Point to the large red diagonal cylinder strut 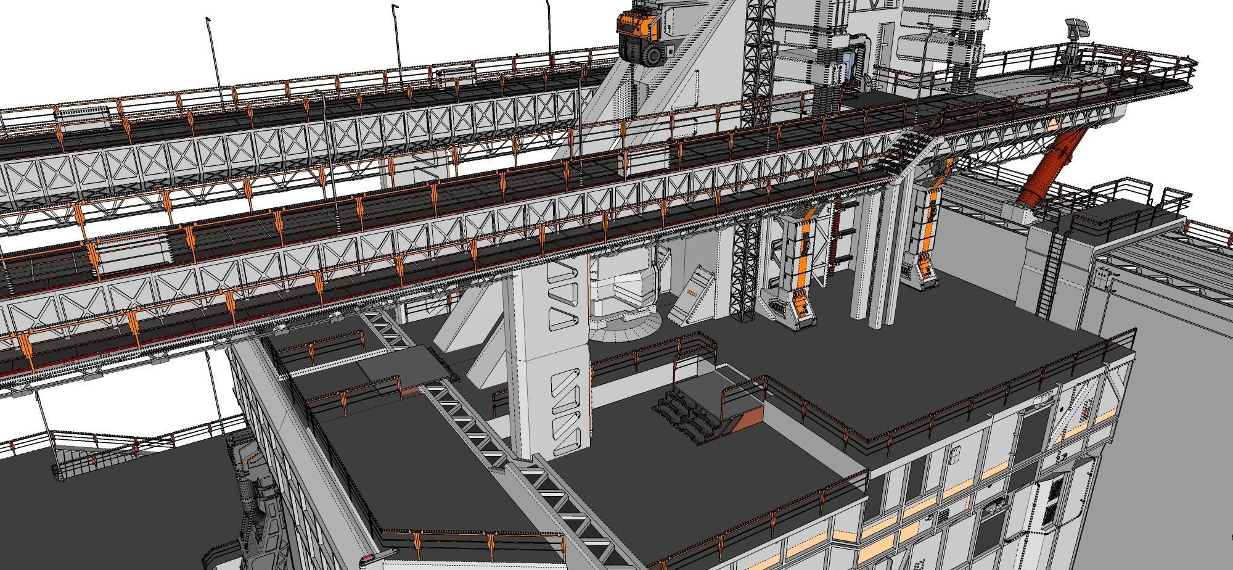(1049, 167)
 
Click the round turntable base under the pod (626, 326)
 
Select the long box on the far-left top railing (81, 112)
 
